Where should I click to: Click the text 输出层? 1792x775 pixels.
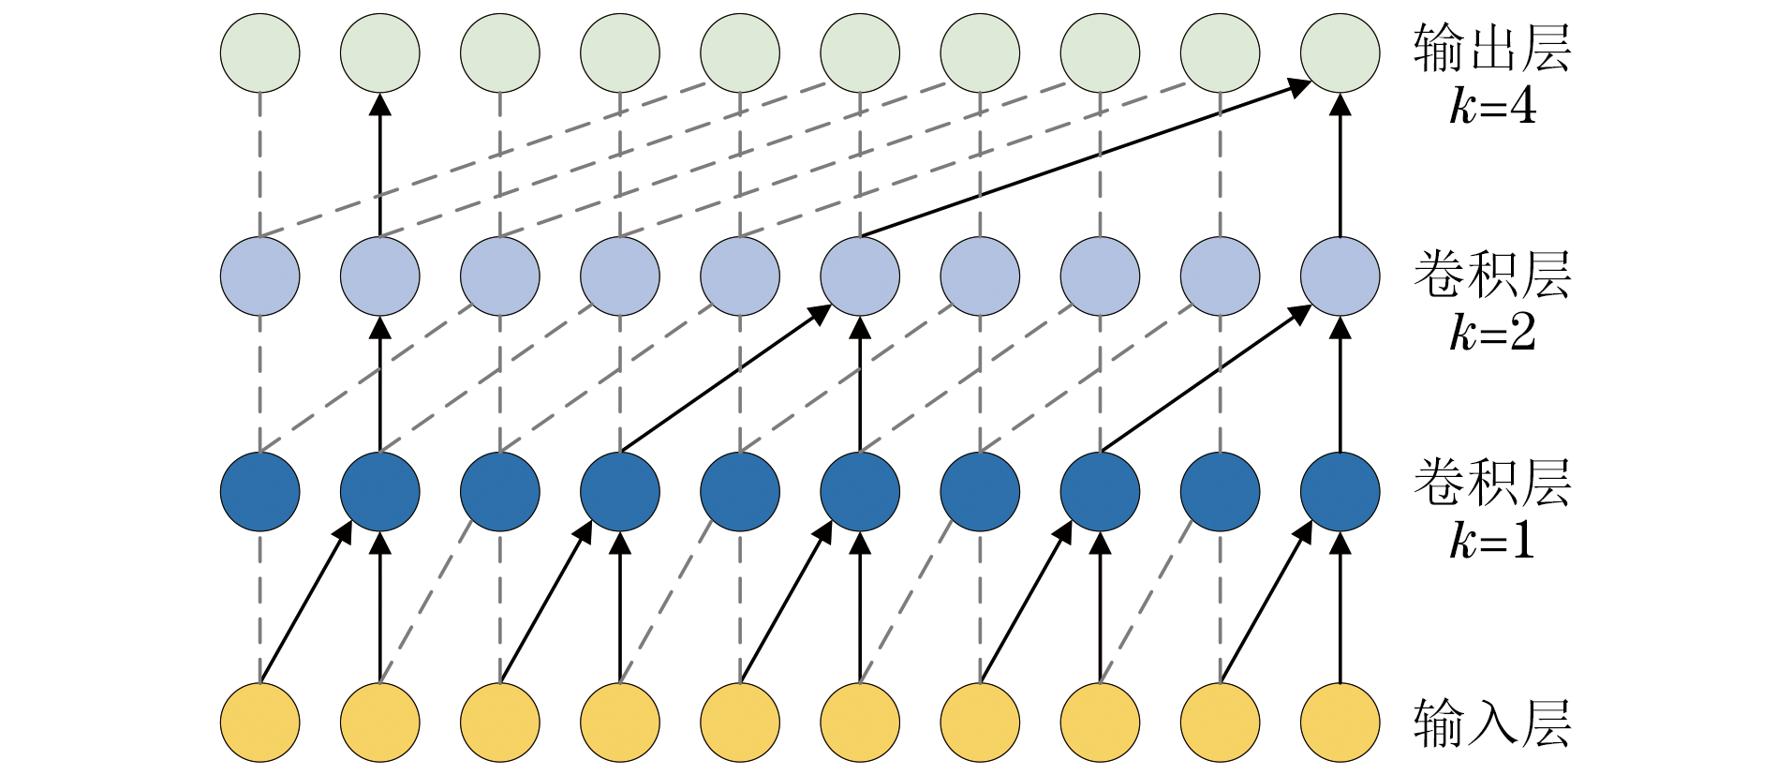coord(1491,49)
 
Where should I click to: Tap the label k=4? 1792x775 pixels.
coord(1492,106)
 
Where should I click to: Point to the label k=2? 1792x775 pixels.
coord(1492,332)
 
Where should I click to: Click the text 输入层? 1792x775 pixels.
coord(1491,723)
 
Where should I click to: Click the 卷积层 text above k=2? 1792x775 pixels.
coord(1491,276)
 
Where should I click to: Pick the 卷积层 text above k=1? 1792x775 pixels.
coord(1491,484)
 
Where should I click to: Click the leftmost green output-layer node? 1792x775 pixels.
coord(260,53)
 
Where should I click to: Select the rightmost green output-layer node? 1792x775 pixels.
coord(1340,53)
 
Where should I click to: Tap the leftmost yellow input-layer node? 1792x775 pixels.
coord(260,723)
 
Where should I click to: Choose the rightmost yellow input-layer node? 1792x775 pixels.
coord(1340,723)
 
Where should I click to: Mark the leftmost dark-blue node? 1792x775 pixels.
coord(260,492)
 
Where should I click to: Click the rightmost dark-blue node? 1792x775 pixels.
coord(1340,492)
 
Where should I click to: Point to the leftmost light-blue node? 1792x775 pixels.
coord(260,276)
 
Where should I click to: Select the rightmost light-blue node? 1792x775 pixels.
coord(1340,276)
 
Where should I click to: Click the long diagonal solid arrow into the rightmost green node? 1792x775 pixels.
coord(1087,159)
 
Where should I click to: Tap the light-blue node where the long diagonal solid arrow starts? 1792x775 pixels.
coord(860,276)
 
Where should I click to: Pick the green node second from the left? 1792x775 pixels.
coord(380,53)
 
